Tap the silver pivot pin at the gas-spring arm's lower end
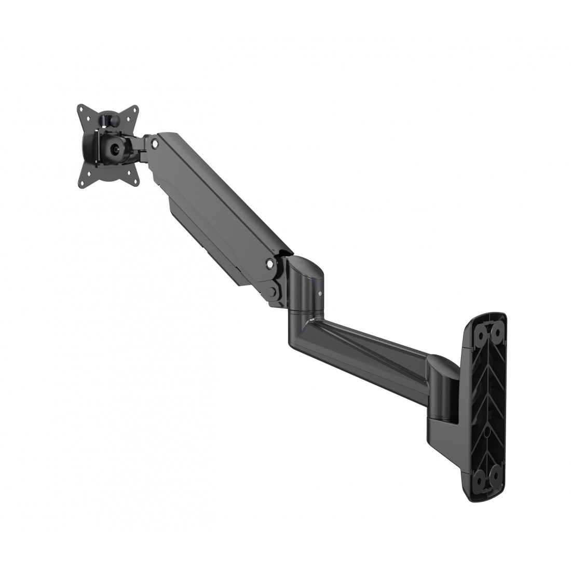click(x=269, y=264)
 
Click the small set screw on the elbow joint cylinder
click(x=320, y=294)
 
